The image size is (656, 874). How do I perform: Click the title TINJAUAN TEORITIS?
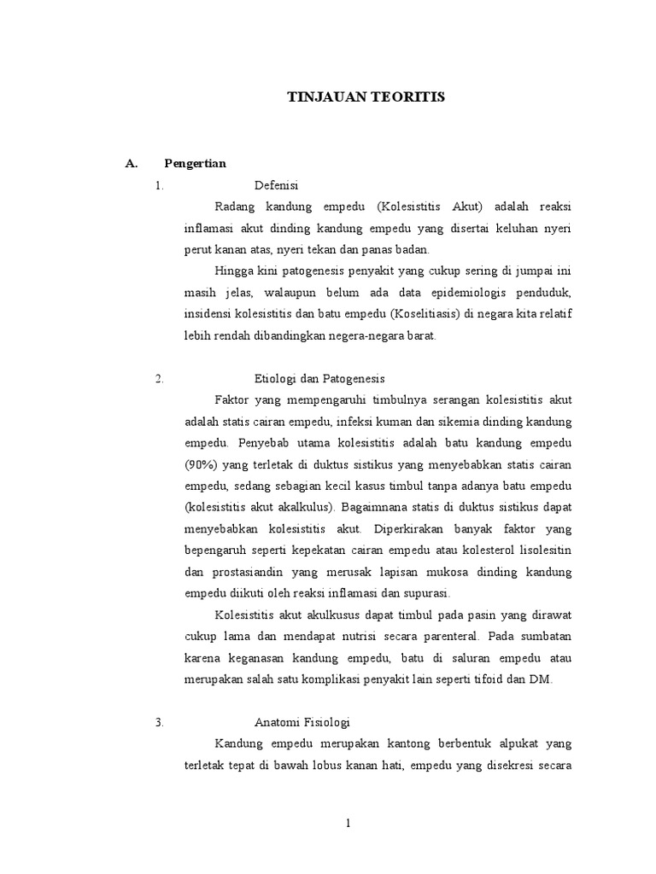click(365, 98)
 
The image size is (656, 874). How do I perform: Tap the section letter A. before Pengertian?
click(132, 164)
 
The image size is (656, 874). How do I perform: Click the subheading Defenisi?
click(276, 185)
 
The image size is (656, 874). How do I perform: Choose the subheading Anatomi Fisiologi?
click(302, 721)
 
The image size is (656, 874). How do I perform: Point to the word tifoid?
click(493, 679)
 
